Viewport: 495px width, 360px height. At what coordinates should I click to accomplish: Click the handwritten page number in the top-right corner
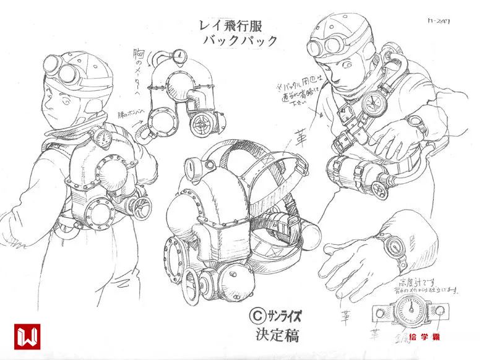[438, 21]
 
